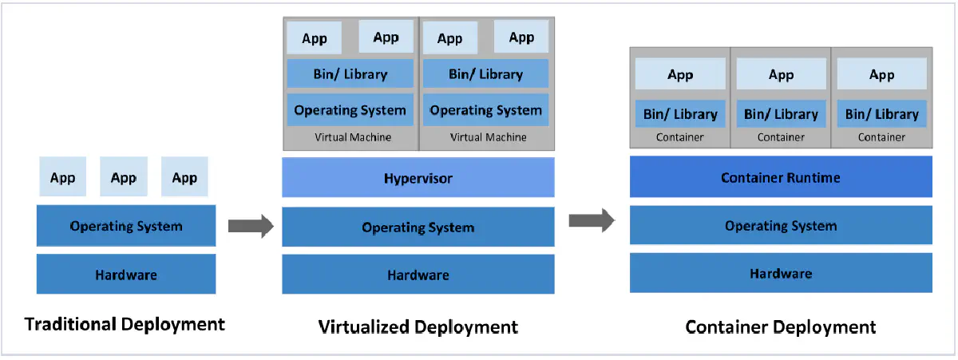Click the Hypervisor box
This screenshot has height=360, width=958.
pyautogui.click(x=418, y=177)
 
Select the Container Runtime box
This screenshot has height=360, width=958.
pyautogui.click(x=780, y=177)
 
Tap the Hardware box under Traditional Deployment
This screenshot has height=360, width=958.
pyautogui.click(x=126, y=275)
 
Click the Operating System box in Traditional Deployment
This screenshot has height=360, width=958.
pyautogui.click(x=126, y=226)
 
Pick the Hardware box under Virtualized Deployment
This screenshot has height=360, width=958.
pyautogui.click(x=418, y=275)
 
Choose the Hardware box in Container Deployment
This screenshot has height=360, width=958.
pyautogui.click(x=780, y=273)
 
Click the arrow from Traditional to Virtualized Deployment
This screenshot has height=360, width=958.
pyautogui.click(x=251, y=226)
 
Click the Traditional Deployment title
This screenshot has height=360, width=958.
pyautogui.click(x=125, y=324)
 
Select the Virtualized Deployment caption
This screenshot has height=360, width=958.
pyautogui.click(x=418, y=326)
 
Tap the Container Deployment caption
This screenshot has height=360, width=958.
pyautogui.click(x=780, y=326)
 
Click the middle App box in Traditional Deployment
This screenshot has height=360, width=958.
pyautogui.click(x=124, y=177)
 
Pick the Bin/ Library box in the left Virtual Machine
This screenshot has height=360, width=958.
pyautogui.click(x=350, y=74)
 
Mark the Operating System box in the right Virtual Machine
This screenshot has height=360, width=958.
pyautogui.click(x=485, y=110)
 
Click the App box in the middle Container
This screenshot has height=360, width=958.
pyautogui.click(x=781, y=74)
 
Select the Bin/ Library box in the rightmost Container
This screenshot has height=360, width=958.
pyautogui.click(x=881, y=114)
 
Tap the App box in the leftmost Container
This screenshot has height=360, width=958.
pyautogui.click(x=680, y=74)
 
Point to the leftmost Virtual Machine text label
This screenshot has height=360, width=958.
pyautogui.click(x=353, y=137)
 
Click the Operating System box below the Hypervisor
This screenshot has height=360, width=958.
pyautogui.click(x=418, y=227)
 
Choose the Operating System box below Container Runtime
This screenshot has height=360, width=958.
pyautogui.click(x=780, y=226)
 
